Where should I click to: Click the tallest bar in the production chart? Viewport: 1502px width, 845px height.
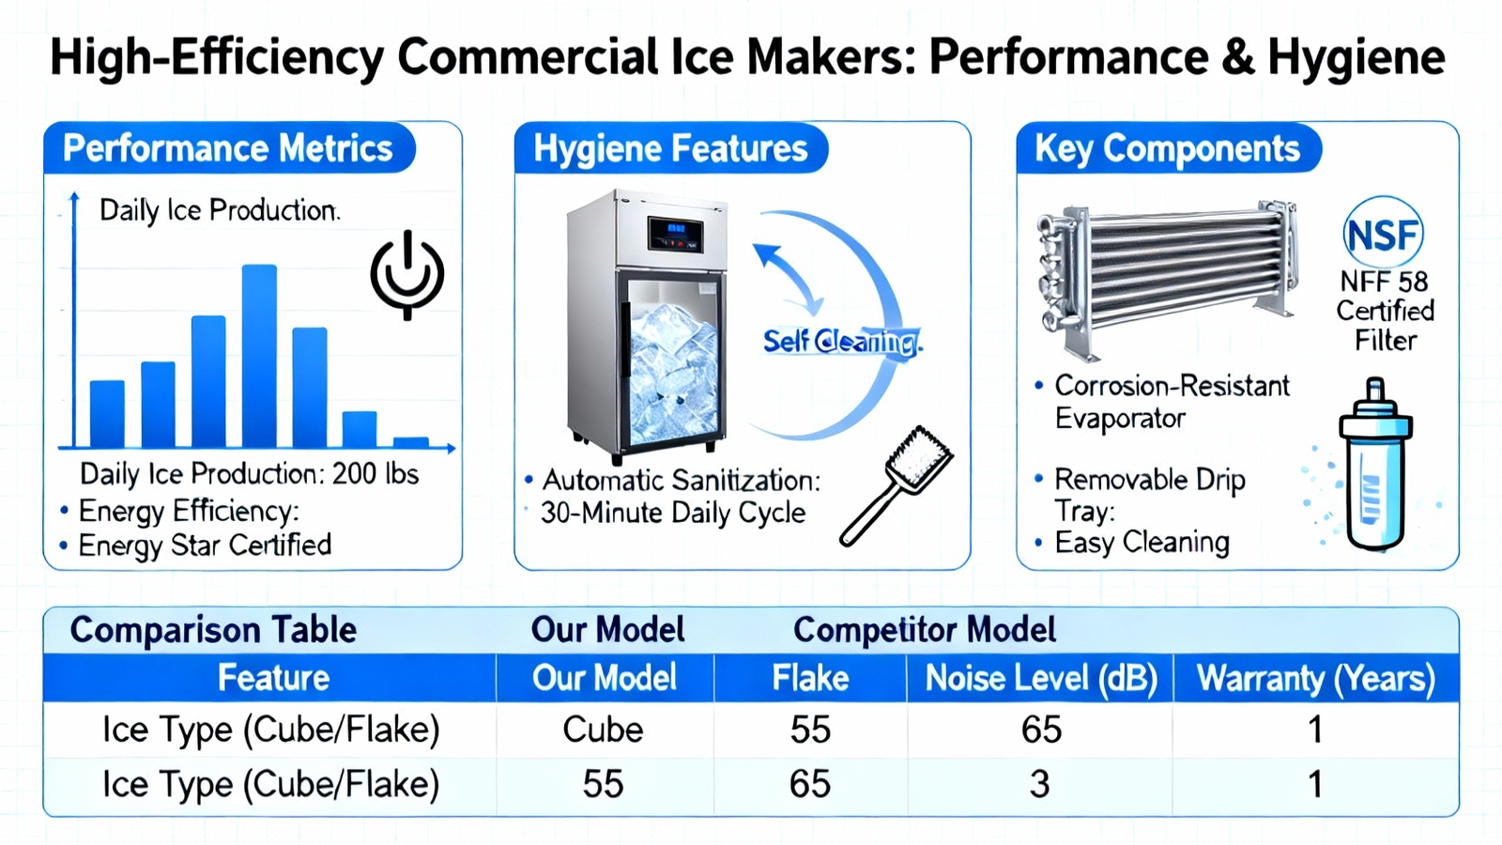click(x=259, y=356)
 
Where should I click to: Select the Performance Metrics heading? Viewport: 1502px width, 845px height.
click(x=227, y=148)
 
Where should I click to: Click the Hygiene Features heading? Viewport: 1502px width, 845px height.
click(x=670, y=148)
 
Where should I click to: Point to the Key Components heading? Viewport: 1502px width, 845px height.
click(x=1167, y=148)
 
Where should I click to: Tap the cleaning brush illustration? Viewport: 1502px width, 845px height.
click(x=896, y=485)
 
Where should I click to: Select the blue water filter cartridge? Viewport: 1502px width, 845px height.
click(x=1375, y=464)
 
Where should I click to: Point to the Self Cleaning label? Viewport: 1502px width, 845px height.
click(x=843, y=342)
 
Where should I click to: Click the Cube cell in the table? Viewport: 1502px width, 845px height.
click(x=603, y=730)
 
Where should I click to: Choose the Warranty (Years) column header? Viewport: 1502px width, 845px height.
click(x=1315, y=678)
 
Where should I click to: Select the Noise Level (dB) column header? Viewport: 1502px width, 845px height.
click(x=1041, y=678)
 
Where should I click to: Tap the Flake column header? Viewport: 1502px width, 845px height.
click(x=810, y=677)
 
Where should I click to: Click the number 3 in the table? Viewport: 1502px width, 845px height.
click(x=1039, y=784)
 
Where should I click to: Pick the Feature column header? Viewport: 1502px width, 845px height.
click(x=273, y=677)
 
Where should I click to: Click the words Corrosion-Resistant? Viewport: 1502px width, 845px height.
click(x=1172, y=386)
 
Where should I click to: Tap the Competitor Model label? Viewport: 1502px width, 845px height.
click(x=925, y=630)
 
